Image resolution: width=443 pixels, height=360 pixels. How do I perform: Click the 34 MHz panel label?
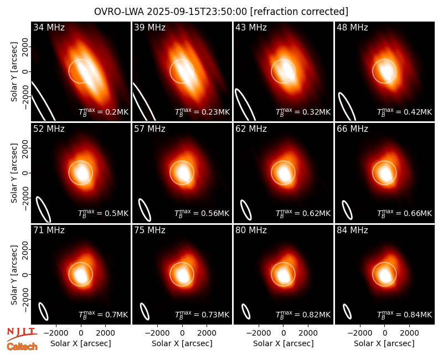coord(49,27)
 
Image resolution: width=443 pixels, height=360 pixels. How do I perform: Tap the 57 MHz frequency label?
coord(150,129)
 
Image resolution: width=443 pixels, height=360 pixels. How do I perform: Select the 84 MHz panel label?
coord(352,230)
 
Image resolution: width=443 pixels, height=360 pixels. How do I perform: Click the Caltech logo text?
coord(22,347)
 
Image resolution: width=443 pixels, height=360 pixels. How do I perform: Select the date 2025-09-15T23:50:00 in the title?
coord(197,12)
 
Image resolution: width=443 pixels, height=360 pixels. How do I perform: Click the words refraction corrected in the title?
coord(300,12)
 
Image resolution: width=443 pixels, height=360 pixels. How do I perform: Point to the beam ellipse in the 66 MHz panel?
coord(347,210)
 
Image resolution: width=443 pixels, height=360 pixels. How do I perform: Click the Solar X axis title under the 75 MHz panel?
coord(182,343)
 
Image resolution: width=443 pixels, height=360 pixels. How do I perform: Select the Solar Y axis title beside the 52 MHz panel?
coord(14,173)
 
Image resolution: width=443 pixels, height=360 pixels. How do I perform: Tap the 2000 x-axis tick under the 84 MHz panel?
coord(409,333)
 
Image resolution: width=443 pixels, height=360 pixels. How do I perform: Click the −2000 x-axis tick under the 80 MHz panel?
coord(259,333)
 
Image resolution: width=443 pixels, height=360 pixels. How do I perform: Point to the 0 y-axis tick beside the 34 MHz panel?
coord(26,71)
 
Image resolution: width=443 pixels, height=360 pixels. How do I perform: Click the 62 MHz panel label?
coord(251,129)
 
